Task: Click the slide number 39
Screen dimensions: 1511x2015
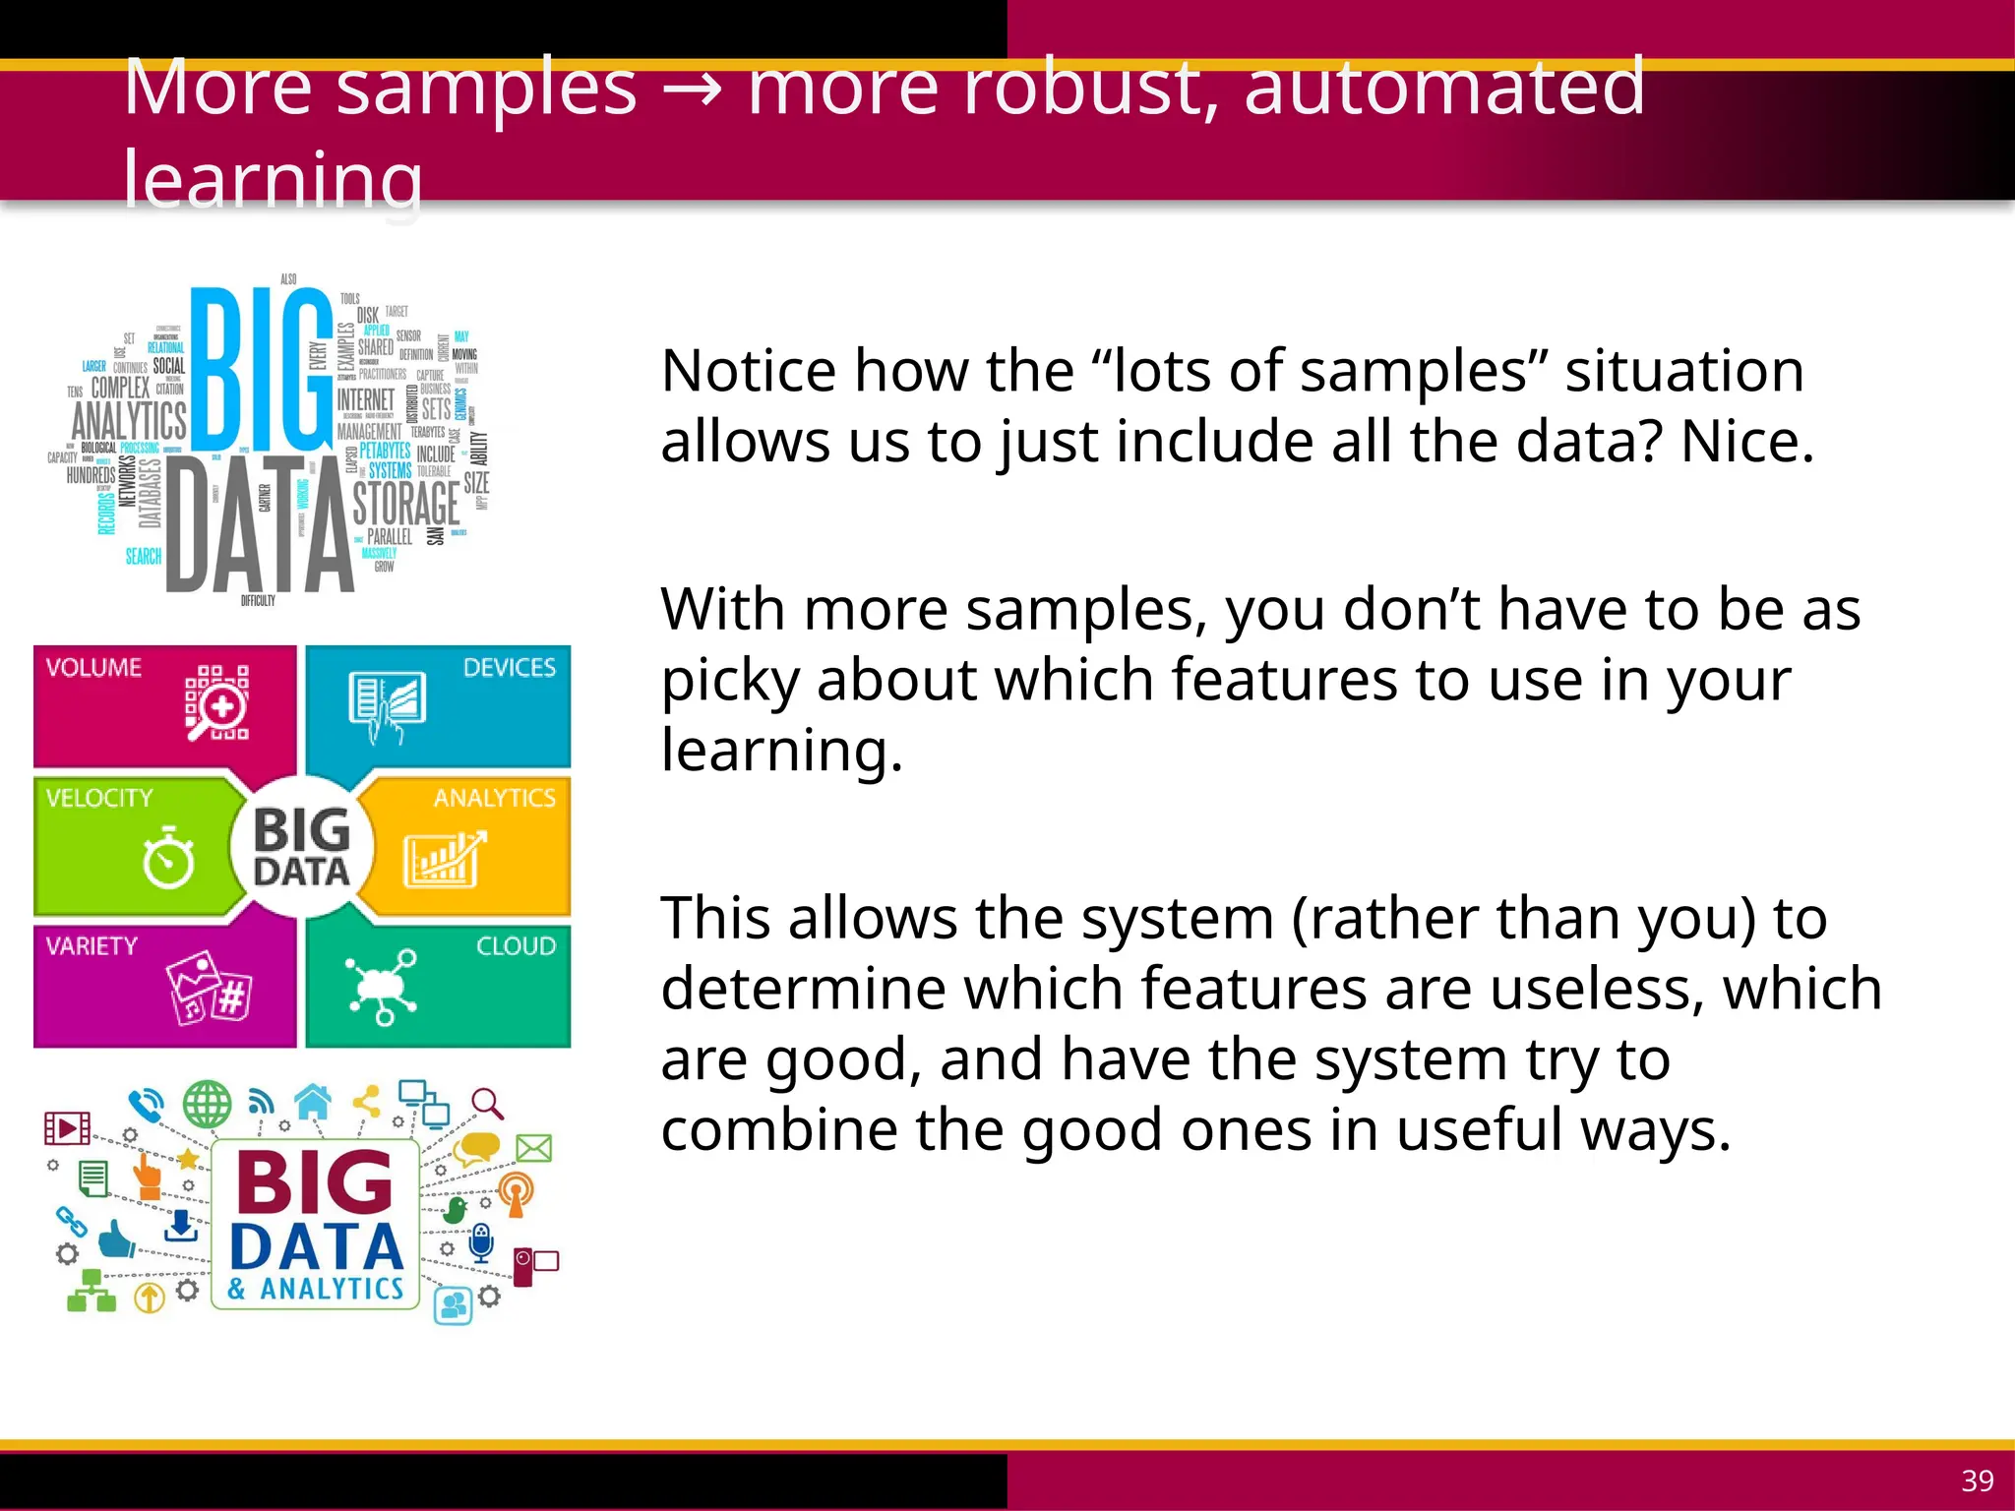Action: (x=1977, y=1481)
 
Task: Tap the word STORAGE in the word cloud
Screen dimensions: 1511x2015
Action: (x=406, y=504)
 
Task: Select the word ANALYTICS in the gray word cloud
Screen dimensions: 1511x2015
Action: (x=129, y=420)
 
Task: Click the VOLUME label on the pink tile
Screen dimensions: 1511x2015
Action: (x=93, y=667)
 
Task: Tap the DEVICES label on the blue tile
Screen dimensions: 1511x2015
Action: (x=509, y=667)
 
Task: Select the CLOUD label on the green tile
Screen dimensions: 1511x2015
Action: (x=516, y=945)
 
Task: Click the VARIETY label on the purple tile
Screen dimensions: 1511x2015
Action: (x=92, y=945)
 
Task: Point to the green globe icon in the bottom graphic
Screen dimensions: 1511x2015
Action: (x=208, y=1105)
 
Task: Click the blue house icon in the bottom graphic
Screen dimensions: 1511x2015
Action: (x=313, y=1101)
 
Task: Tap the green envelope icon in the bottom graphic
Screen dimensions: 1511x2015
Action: (x=534, y=1148)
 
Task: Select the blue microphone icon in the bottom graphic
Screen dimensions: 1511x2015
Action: (x=480, y=1242)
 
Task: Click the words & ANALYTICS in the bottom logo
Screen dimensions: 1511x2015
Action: (x=316, y=1289)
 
